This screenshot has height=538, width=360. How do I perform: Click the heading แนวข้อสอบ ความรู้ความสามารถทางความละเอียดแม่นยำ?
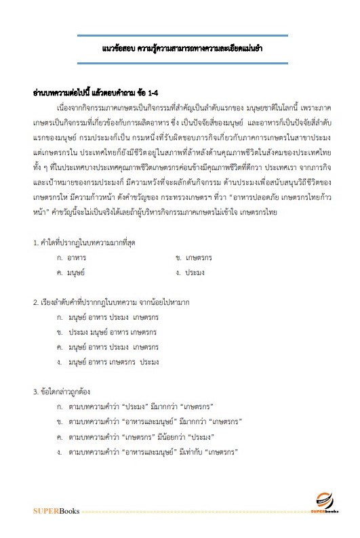182,49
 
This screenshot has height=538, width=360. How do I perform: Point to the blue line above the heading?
182,36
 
